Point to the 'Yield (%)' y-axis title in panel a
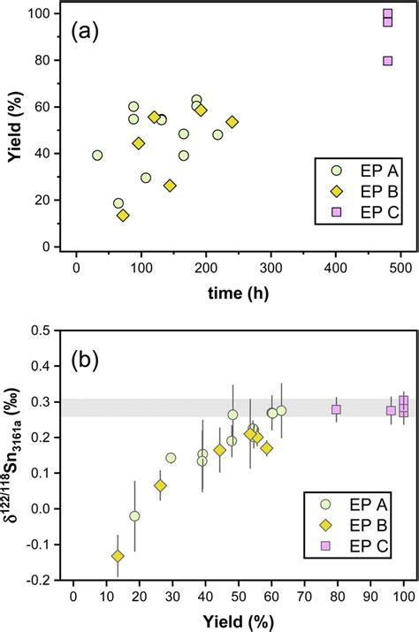[15, 130]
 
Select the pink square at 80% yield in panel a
[388, 61]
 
